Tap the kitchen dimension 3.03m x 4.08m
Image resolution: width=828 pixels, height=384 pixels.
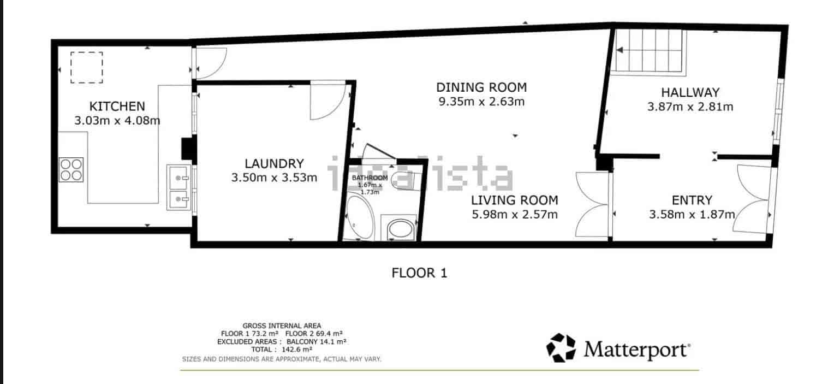click(x=117, y=120)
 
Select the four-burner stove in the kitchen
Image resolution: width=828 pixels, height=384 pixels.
click(x=72, y=169)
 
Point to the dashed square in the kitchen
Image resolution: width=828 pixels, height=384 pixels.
click(x=86, y=68)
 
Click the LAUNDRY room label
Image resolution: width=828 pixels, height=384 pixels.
click(x=273, y=163)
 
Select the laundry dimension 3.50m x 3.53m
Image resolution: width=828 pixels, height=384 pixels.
click(x=273, y=177)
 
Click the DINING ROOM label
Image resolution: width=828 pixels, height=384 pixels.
click(x=481, y=87)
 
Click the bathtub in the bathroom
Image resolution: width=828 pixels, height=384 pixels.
click(x=359, y=219)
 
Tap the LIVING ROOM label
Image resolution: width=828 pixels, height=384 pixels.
click(x=514, y=200)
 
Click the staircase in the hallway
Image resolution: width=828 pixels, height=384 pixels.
click(x=648, y=50)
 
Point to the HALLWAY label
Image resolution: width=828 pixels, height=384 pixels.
click(x=690, y=92)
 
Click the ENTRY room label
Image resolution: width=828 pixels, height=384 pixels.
click(x=692, y=200)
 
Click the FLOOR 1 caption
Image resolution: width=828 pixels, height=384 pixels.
click(x=419, y=273)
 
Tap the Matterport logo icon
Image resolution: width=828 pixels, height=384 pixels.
click(x=561, y=348)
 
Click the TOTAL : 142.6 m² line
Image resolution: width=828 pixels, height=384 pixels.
click(x=282, y=349)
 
